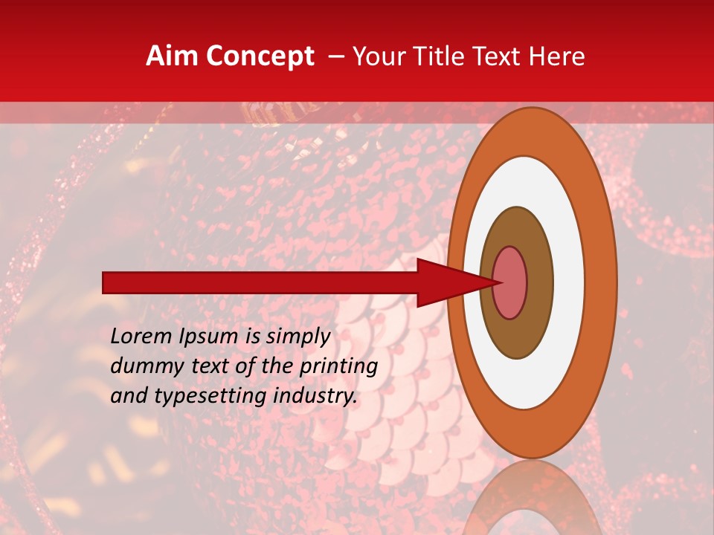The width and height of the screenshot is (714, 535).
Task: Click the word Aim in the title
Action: pos(172,56)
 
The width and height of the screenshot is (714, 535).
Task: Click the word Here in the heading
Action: pos(558,56)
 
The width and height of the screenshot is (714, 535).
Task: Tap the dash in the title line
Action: pos(335,56)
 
